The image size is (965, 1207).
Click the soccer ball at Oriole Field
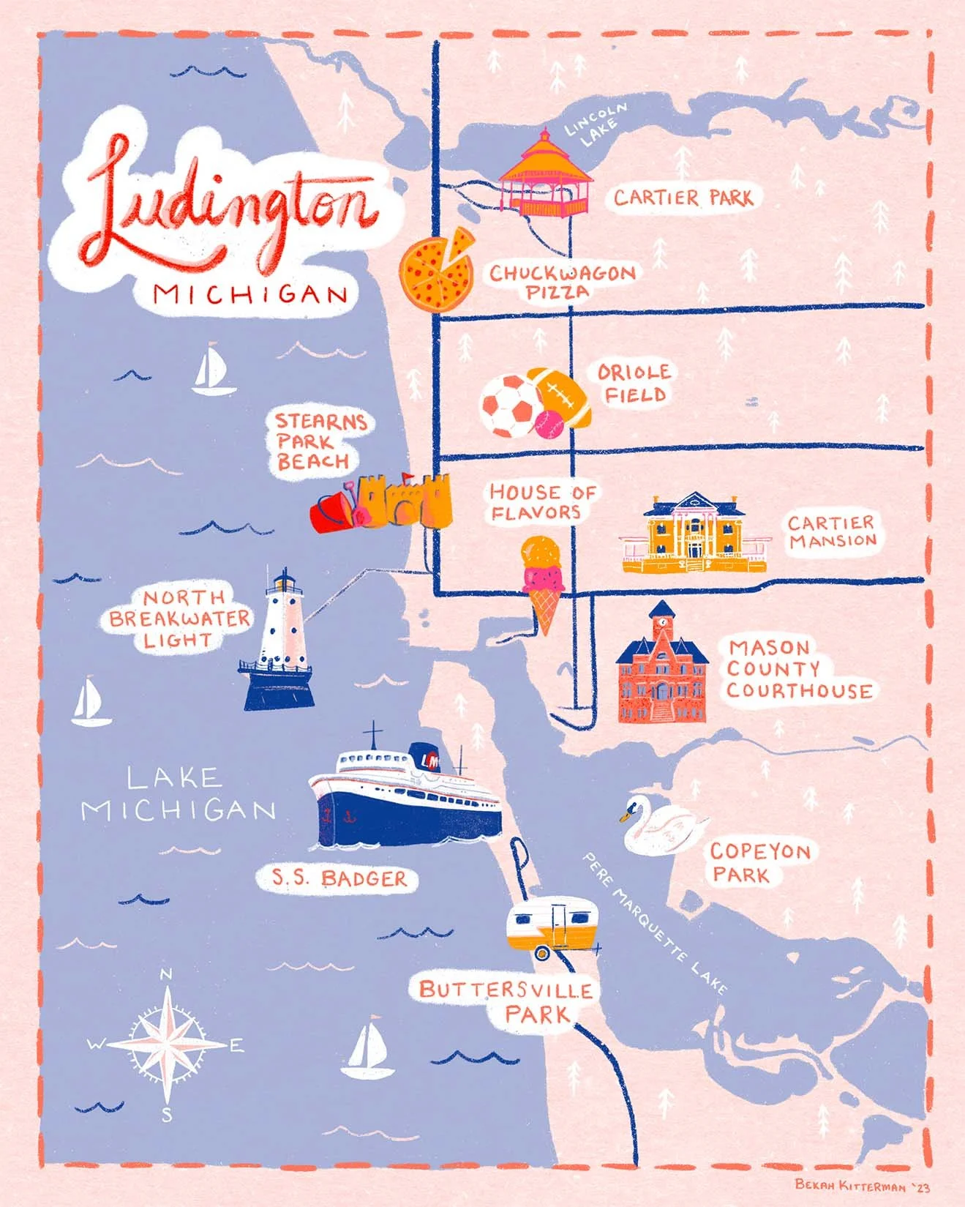509,407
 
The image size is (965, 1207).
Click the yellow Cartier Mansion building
695,534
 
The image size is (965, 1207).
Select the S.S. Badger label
338,878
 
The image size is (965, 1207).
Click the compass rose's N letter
166,974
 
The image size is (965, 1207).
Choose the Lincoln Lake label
595,124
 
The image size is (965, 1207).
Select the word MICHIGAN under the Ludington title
251,294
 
